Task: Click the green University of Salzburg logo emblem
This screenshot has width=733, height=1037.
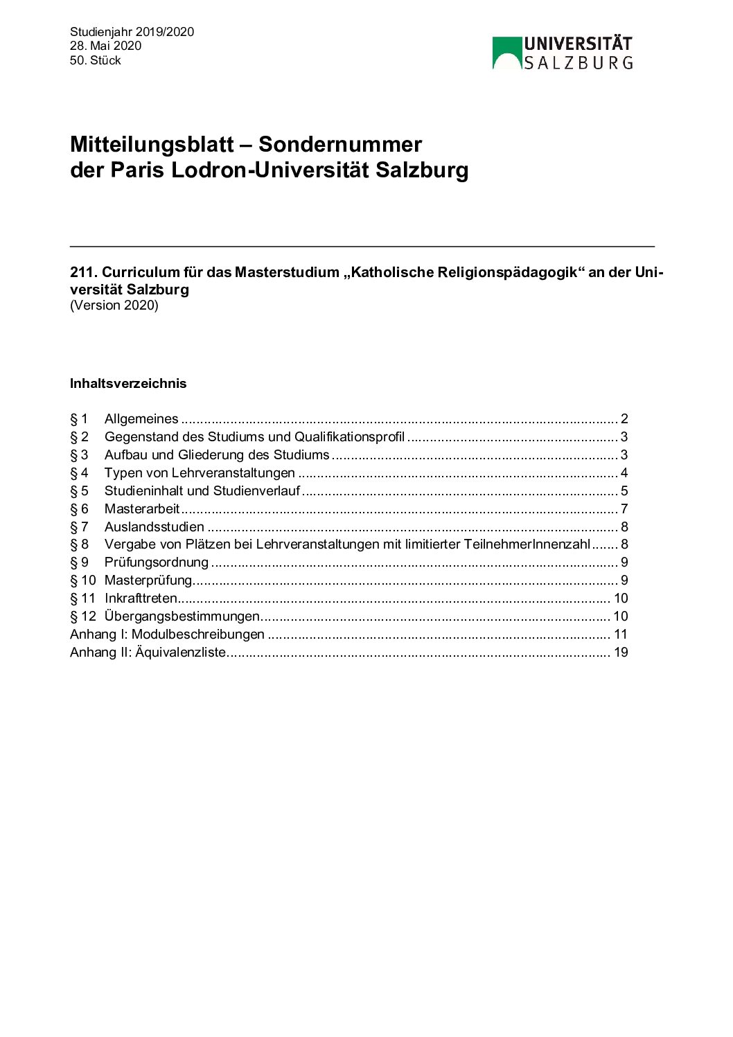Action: click(506, 53)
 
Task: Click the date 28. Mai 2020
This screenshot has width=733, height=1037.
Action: click(105, 46)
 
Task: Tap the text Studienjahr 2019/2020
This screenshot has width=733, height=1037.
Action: click(132, 32)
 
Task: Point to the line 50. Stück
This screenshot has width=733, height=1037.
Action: click(95, 60)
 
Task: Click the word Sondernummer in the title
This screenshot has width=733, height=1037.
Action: click(339, 144)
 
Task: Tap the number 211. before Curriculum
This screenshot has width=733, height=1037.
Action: click(84, 272)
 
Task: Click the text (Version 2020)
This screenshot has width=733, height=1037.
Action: click(114, 305)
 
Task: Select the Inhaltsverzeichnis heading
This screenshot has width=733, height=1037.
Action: click(128, 383)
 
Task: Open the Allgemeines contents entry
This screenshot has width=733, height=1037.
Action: click(141, 419)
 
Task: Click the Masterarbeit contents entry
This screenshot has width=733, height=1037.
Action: click(141, 509)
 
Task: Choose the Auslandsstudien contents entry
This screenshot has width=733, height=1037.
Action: click(154, 527)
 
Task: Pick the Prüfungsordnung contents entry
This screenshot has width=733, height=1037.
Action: click(156, 562)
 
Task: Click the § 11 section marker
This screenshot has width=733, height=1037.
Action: click(82, 599)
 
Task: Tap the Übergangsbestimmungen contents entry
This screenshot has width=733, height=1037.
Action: click(182, 617)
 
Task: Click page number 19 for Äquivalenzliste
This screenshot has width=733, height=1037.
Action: click(621, 653)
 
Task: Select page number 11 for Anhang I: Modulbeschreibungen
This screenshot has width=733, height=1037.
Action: click(621, 635)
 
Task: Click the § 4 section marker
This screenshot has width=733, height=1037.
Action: click(79, 473)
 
